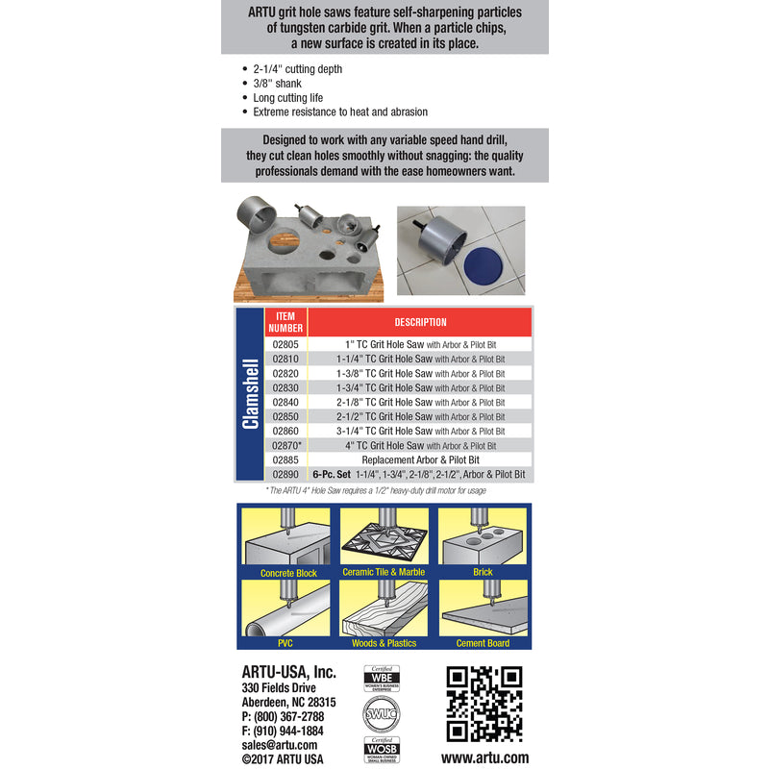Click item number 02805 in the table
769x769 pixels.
(x=285, y=344)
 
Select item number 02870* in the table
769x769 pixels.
(x=287, y=445)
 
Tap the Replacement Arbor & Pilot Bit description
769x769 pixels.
(x=420, y=459)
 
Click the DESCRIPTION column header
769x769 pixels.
(x=420, y=322)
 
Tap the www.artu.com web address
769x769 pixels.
(x=484, y=757)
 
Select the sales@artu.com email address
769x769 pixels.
(x=280, y=744)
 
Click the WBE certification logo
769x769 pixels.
(x=382, y=679)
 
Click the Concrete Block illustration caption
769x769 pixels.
(x=288, y=573)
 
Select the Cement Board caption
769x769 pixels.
(x=483, y=643)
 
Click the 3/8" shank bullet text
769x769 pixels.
(x=277, y=84)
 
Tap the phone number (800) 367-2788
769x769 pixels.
(x=283, y=716)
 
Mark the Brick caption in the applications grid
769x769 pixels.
(x=483, y=573)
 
